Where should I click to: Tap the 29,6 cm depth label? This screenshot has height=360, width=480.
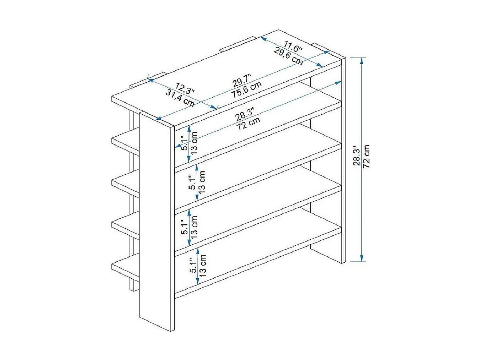288,56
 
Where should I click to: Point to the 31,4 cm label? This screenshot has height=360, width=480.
180,98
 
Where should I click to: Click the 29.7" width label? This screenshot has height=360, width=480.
241,80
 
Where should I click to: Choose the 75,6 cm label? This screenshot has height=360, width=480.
246,90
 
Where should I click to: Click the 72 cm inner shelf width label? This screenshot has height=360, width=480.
248,124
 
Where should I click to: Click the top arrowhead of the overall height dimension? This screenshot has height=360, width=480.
361,61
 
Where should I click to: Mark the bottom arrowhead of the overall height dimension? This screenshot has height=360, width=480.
361,258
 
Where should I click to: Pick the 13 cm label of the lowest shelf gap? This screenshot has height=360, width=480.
203,266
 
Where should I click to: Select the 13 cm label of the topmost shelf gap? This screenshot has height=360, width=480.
194,143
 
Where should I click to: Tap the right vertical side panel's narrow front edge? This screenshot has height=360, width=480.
343,160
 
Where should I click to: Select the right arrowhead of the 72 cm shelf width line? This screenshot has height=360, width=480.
338,82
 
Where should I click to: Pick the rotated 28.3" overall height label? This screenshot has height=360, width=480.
357,156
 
